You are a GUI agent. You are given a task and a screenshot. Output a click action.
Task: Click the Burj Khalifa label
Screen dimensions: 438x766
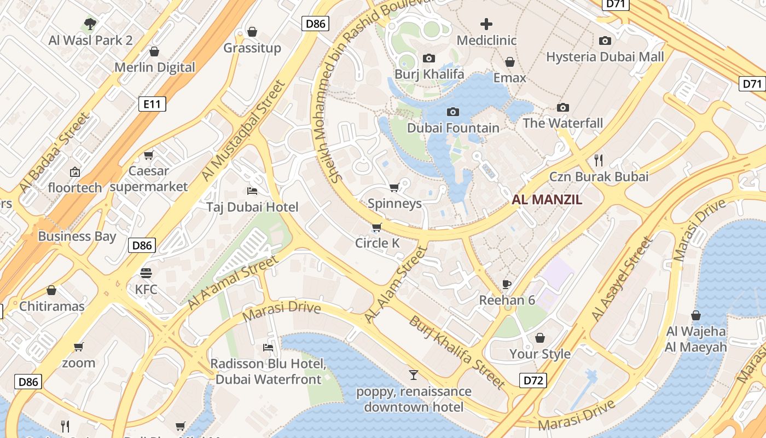point(429,74)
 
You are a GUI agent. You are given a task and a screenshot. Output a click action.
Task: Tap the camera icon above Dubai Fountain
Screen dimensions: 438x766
point(453,112)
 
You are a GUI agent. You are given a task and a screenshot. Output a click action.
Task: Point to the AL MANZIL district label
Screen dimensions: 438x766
point(547,200)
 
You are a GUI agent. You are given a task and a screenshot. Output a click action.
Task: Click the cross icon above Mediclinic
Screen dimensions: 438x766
point(486,24)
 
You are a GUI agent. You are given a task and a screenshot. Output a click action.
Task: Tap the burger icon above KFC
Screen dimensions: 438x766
point(146,273)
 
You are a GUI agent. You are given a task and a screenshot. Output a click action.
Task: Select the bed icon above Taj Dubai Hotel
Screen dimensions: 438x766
point(252,191)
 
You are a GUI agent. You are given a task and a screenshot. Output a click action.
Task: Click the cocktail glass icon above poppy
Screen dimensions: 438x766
point(414,375)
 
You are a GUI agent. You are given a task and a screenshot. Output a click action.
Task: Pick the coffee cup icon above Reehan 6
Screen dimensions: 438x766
point(507,284)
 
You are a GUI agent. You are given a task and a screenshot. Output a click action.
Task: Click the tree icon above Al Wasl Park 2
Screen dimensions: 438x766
point(90,24)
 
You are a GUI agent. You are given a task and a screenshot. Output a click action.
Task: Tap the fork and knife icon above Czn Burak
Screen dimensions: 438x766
point(599,160)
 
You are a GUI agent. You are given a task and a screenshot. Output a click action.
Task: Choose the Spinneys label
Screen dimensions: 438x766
point(394,204)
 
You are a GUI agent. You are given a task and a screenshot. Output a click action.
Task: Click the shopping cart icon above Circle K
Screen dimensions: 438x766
point(376,227)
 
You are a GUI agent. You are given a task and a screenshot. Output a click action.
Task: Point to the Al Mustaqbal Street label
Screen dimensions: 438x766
point(243,131)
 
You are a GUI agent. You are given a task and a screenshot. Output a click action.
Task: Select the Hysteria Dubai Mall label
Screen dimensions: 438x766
point(605,57)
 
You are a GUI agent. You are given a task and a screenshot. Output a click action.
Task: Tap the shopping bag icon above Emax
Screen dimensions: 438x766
point(510,62)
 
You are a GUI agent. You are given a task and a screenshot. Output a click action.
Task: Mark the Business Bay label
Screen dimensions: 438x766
point(77,237)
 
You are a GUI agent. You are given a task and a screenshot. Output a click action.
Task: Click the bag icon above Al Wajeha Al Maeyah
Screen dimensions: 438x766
point(696,315)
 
